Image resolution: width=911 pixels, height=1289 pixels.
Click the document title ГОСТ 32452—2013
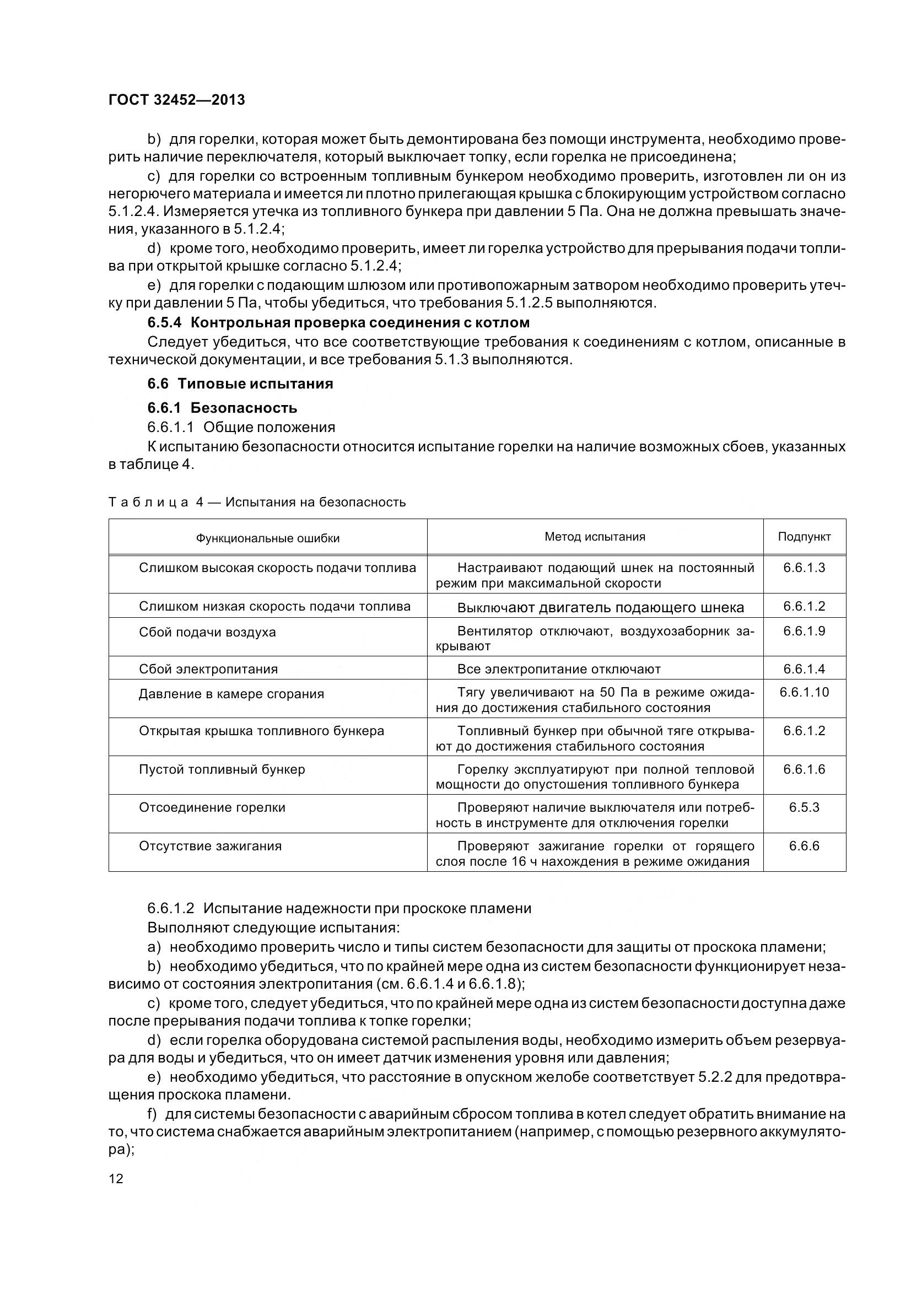[x=177, y=100]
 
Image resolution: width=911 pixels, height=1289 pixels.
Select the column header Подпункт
[x=804, y=537]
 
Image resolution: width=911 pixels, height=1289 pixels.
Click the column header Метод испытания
[x=595, y=537]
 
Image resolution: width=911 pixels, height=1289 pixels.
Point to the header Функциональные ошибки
[x=268, y=538]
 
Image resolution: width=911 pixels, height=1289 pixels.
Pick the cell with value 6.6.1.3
[x=804, y=568]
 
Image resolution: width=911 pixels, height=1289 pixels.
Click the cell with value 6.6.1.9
[x=804, y=631]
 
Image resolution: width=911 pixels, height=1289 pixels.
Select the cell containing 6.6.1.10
[x=804, y=692]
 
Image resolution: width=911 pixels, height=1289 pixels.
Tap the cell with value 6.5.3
[x=804, y=807]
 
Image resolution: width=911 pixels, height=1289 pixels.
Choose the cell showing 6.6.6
[x=804, y=845]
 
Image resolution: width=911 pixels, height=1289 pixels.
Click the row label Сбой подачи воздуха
[x=207, y=632]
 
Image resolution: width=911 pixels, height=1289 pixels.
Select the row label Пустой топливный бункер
[x=222, y=769]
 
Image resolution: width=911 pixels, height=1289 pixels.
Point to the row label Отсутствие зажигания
[x=210, y=846]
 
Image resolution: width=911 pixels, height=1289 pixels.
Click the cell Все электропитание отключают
[x=558, y=669]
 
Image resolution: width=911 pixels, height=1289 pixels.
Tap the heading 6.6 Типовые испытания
[x=240, y=384]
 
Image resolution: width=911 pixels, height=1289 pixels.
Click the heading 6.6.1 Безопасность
[x=222, y=408]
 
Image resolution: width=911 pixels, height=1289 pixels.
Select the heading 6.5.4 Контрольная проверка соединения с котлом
[x=338, y=323]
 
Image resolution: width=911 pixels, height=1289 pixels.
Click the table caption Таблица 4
[x=256, y=502]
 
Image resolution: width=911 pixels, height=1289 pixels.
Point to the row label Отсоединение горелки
[x=212, y=807]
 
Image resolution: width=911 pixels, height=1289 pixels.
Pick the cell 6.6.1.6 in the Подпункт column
[x=804, y=769]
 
